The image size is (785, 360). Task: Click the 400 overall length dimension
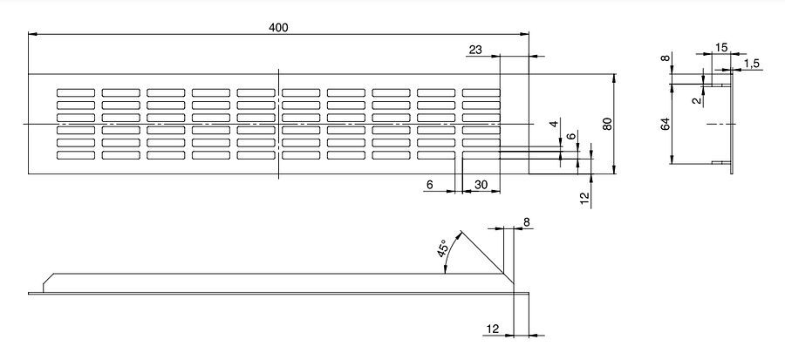coord(278,28)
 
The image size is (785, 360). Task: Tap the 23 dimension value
coord(475,50)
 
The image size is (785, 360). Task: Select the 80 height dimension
coord(607,124)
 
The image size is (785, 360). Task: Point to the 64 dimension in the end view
coord(666,124)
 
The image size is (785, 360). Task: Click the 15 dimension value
coord(721,47)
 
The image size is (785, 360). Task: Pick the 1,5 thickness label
coord(752,63)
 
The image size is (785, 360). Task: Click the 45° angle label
coord(441,248)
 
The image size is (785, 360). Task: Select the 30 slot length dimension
coord(481,185)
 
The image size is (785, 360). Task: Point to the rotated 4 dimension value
coord(553,124)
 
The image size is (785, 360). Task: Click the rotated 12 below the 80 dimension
coord(584,199)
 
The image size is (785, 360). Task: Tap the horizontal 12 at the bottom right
coord(493,329)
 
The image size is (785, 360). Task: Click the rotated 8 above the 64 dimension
coord(666,58)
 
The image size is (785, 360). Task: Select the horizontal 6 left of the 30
coord(429,185)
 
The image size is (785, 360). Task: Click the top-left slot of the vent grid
coord(76,92)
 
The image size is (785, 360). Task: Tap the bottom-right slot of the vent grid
coord(481,155)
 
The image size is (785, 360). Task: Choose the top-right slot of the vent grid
coord(481,92)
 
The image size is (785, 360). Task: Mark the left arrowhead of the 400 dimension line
coord(32,34)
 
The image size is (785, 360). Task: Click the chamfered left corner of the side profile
coord(49,279)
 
